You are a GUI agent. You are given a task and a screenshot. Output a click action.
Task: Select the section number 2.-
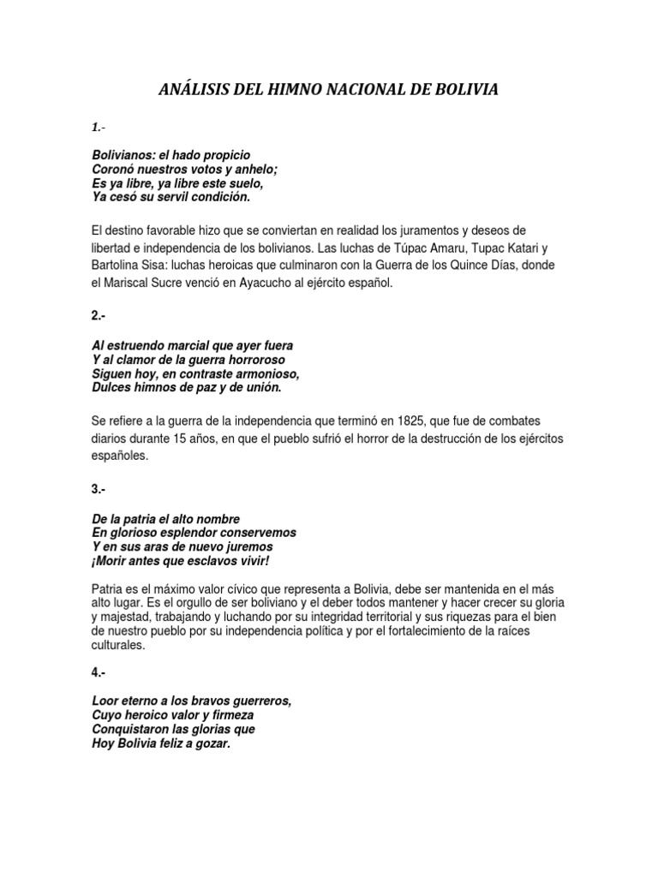98,315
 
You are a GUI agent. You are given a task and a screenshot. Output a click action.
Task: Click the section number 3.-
98,488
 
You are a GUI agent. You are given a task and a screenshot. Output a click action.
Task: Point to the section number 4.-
98,672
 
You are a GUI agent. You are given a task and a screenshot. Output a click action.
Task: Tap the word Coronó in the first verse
113,169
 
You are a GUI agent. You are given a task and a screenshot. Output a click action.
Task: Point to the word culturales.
118,646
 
